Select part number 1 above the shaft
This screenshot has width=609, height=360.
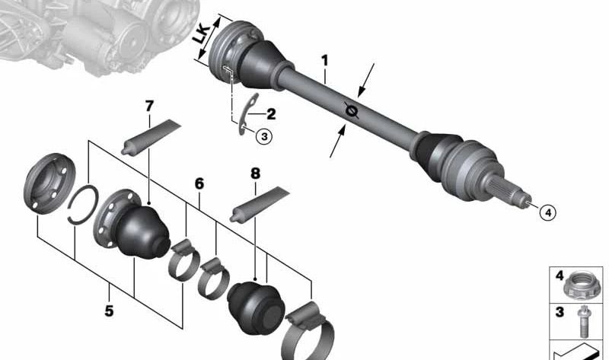click(324, 61)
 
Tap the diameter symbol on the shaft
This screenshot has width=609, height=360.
click(352, 111)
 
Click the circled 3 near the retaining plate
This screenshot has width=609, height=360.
click(264, 136)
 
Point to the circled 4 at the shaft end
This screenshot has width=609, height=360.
click(548, 212)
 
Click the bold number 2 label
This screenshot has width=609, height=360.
click(271, 114)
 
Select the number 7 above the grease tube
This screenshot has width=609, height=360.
click(149, 106)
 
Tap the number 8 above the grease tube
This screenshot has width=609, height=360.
click(255, 174)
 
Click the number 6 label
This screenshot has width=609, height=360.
click(199, 183)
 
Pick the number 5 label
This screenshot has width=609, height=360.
click(109, 311)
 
